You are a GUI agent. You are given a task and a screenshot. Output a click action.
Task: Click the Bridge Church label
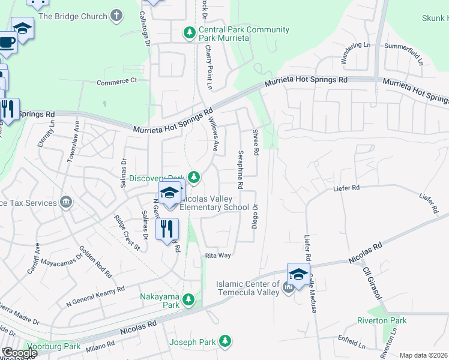pyautogui.click(x=73, y=16)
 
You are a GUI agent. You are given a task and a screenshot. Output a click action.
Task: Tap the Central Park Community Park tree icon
pyautogui.click(x=189, y=31)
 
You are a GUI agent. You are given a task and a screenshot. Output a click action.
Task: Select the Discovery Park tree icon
pyautogui.click(x=193, y=176)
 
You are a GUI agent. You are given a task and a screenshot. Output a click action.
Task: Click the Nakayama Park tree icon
pyautogui.click(x=188, y=299)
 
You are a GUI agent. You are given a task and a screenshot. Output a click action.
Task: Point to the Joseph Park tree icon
pyautogui.click(x=224, y=341)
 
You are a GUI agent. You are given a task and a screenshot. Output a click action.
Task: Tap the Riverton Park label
pyautogui.click(x=382, y=321)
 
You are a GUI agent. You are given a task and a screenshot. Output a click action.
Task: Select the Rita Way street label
pyautogui.click(x=218, y=256)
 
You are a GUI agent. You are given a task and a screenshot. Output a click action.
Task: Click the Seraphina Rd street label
pyautogui.click(x=240, y=169)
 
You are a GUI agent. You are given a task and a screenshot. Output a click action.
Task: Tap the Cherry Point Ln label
pyautogui.click(x=208, y=68)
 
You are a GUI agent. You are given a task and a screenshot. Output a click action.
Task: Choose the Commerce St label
pyautogui.click(x=116, y=82)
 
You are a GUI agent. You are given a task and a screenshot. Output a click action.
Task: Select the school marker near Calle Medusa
pyautogui.click(x=298, y=274)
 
